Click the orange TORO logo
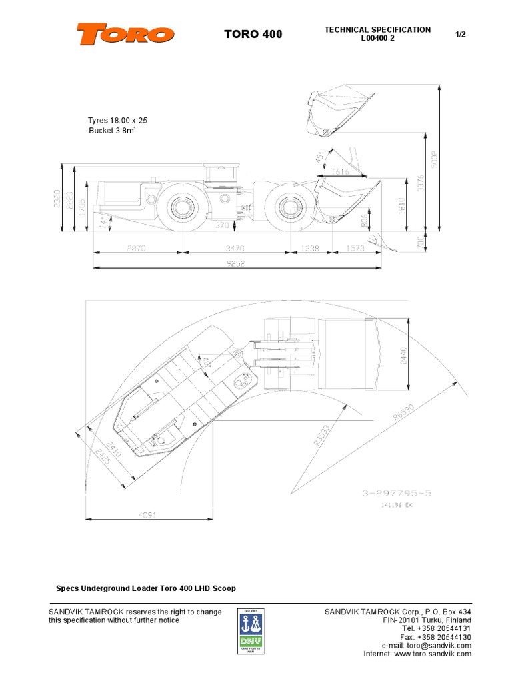(x=125, y=34)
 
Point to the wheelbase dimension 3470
(x=237, y=248)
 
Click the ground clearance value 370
(x=222, y=226)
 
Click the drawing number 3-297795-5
(x=397, y=494)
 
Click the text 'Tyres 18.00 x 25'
(x=117, y=120)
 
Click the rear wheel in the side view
(x=181, y=206)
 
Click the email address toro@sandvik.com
(x=427, y=645)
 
